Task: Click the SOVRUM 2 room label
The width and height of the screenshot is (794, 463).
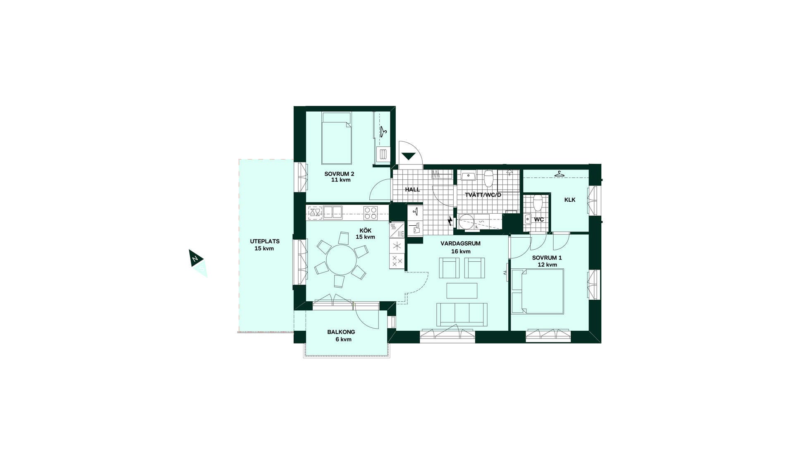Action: tap(339, 174)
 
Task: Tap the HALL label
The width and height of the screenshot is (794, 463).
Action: tap(412, 190)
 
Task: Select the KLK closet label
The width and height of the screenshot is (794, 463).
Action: tap(570, 200)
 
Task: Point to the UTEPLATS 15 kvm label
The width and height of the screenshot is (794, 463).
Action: tap(265, 245)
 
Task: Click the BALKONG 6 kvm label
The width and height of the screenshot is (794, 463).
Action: tap(341, 335)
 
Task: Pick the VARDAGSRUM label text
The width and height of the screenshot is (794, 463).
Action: tap(461, 243)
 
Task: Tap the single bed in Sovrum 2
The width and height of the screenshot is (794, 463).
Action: tap(337, 138)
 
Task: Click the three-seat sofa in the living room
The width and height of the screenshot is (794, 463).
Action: tap(462, 314)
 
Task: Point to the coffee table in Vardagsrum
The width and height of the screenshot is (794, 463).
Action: tap(462, 290)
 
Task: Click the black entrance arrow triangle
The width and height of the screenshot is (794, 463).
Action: tap(409, 156)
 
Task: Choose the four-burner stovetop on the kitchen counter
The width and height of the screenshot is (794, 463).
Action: tap(371, 213)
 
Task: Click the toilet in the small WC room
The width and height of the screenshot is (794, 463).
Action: tap(538, 202)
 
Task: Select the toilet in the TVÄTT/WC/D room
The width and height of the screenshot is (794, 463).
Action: tap(489, 178)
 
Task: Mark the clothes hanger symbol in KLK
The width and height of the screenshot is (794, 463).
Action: tap(560, 174)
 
